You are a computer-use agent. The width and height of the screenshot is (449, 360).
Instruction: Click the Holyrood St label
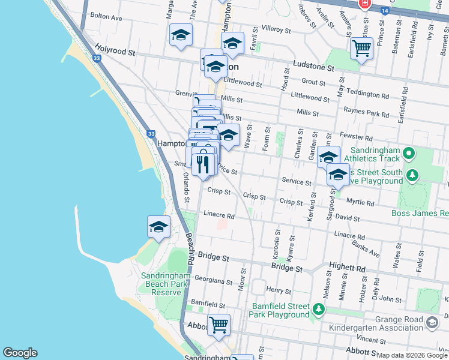[115, 52]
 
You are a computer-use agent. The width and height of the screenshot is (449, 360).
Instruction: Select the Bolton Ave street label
[105, 18]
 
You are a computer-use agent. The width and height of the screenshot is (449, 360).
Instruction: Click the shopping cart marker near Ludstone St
[361, 48]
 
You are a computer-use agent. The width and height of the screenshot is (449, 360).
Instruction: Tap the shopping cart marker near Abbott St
[218, 325]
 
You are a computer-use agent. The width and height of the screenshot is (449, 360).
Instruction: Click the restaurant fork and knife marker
[204, 164]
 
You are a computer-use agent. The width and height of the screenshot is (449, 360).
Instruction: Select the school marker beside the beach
[158, 227]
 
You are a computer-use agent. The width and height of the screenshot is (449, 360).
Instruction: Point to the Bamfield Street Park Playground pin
[318, 310]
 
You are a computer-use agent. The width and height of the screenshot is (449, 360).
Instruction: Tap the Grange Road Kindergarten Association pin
[432, 323]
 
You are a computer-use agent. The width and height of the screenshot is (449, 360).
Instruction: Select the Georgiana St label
[213, 281]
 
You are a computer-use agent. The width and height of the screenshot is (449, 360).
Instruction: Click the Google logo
[20, 353]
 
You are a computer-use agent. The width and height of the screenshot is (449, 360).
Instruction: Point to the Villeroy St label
[276, 29]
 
